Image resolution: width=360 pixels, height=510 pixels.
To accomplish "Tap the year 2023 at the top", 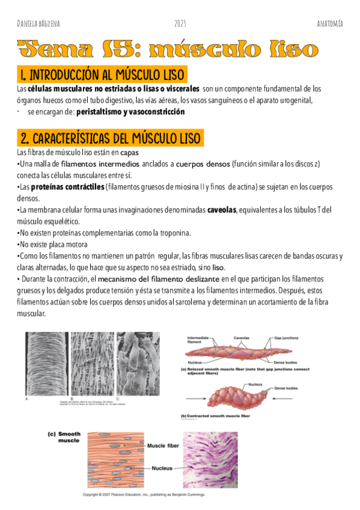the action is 180,23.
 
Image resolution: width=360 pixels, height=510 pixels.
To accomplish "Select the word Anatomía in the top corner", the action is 330,23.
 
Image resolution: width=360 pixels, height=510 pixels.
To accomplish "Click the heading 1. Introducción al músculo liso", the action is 102,75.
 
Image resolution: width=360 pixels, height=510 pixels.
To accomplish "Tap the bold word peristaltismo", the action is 98,112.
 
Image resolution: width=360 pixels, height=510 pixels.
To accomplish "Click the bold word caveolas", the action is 222,210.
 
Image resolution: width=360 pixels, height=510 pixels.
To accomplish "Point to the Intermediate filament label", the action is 199,340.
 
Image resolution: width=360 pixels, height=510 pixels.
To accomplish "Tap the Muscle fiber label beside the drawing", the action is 163,446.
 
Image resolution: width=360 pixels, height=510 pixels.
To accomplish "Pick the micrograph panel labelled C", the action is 136,363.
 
